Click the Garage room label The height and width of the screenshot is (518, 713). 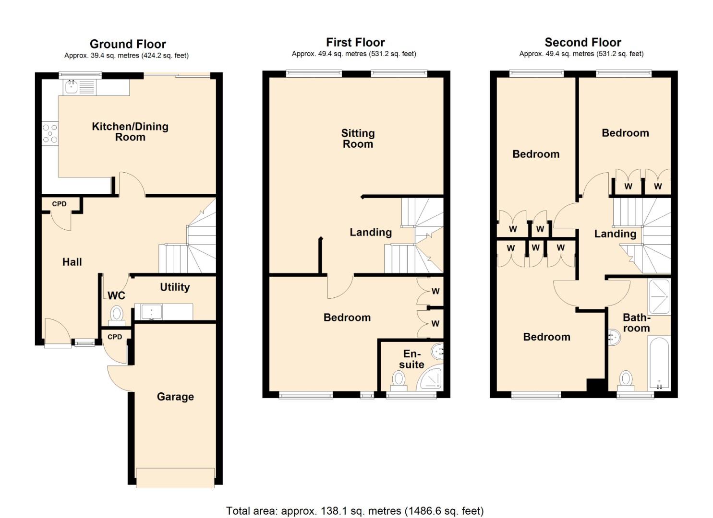pos(175,397)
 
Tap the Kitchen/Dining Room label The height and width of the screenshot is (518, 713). pos(130,132)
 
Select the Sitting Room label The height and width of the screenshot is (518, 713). pos(358,139)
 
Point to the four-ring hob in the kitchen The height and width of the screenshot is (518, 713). pos(50,133)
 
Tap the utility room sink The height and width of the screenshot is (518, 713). pos(151,312)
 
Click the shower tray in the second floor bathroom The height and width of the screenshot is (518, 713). pos(659,296)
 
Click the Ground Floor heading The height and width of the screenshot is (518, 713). pos(128,44)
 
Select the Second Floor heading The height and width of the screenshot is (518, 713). pos(582,42)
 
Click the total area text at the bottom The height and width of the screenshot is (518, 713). pos(355,511)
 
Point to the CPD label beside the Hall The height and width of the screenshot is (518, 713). pos(59,204)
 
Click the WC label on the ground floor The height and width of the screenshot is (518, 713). pos(116,295)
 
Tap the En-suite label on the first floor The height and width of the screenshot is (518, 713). pos(411,359)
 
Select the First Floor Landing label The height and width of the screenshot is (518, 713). pos(370,232)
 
